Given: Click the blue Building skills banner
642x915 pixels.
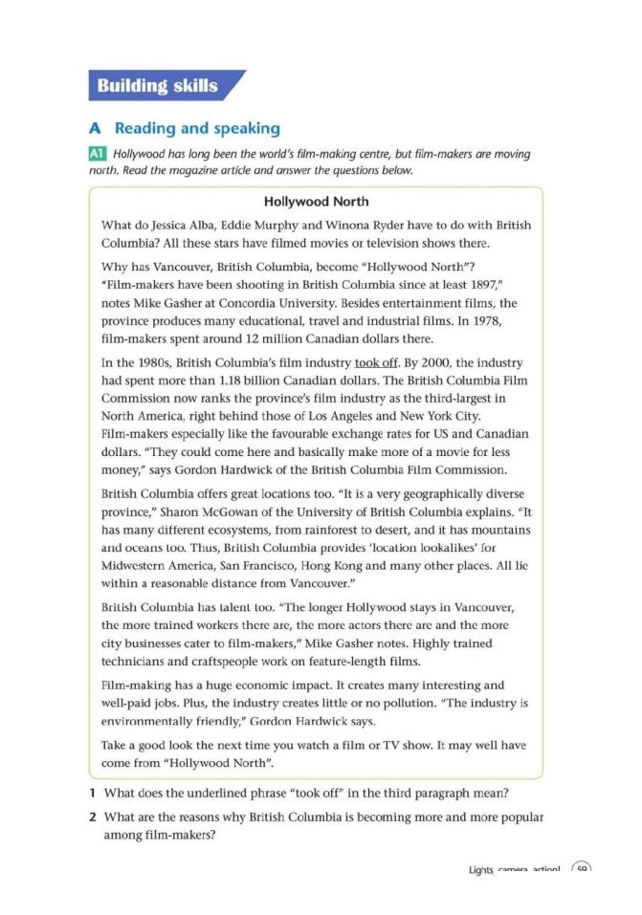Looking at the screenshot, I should (158, 87).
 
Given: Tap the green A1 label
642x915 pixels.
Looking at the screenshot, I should (99, 155).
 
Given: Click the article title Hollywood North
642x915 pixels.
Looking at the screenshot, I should (316, 202).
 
